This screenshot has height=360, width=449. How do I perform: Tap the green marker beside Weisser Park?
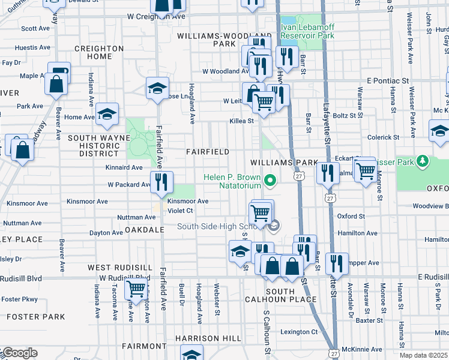click(x=423, y=161)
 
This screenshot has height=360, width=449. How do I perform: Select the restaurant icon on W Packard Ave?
click(x=160, y=181)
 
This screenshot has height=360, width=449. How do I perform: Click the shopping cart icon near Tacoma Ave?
click(x=136, y=289)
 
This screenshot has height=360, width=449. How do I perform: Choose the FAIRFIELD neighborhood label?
click(x=207, y=152)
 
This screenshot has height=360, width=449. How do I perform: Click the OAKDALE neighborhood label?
click(x=144, y=229)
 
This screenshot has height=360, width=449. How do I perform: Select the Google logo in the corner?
click(x=19, y=353)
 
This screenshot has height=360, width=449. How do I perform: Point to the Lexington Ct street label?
click(x=298, y=332)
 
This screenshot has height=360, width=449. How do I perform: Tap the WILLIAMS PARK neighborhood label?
click(x=283, y=163)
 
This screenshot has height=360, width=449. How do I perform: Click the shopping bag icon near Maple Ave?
click(x=56, y=83)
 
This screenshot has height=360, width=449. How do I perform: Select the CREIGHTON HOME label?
click(x=99, y=52)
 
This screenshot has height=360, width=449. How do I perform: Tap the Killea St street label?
click(x=242, y=121)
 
